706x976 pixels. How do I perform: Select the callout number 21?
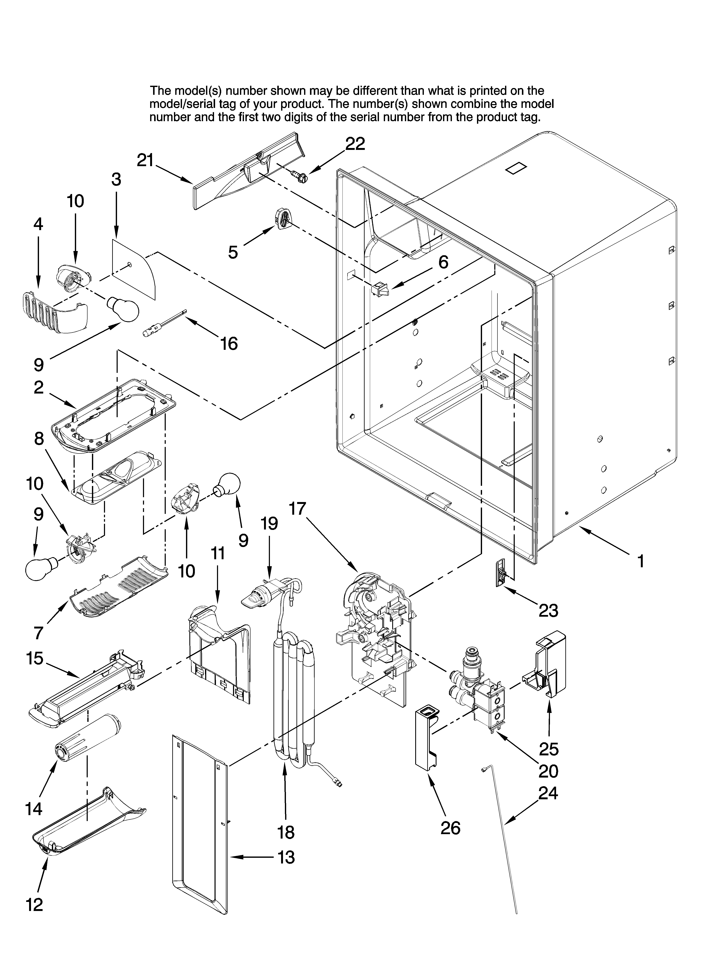(145, 160)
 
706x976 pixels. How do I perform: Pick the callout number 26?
(450, 828)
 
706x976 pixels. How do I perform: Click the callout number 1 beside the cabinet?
(640, 561)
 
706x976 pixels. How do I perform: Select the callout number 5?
(233, 252)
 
